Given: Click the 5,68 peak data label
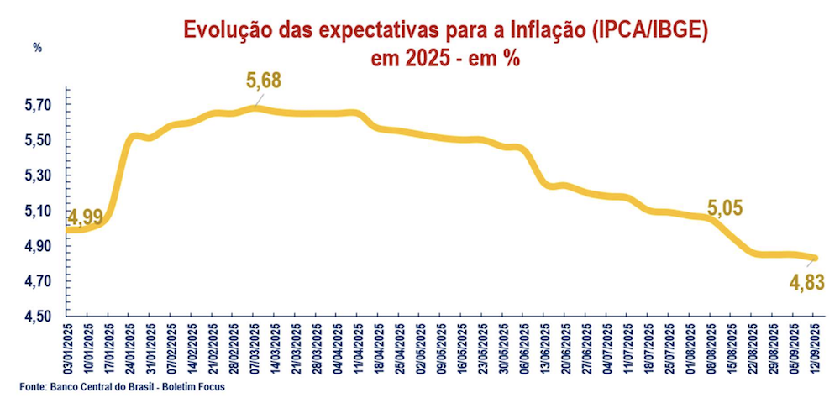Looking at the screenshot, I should pos(263,81).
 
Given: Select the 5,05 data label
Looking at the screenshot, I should pos(727,208).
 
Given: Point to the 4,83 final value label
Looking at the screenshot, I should pos(807,282).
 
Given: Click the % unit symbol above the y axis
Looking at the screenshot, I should pos(37,48).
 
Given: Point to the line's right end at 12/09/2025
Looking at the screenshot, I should pos(813,258).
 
